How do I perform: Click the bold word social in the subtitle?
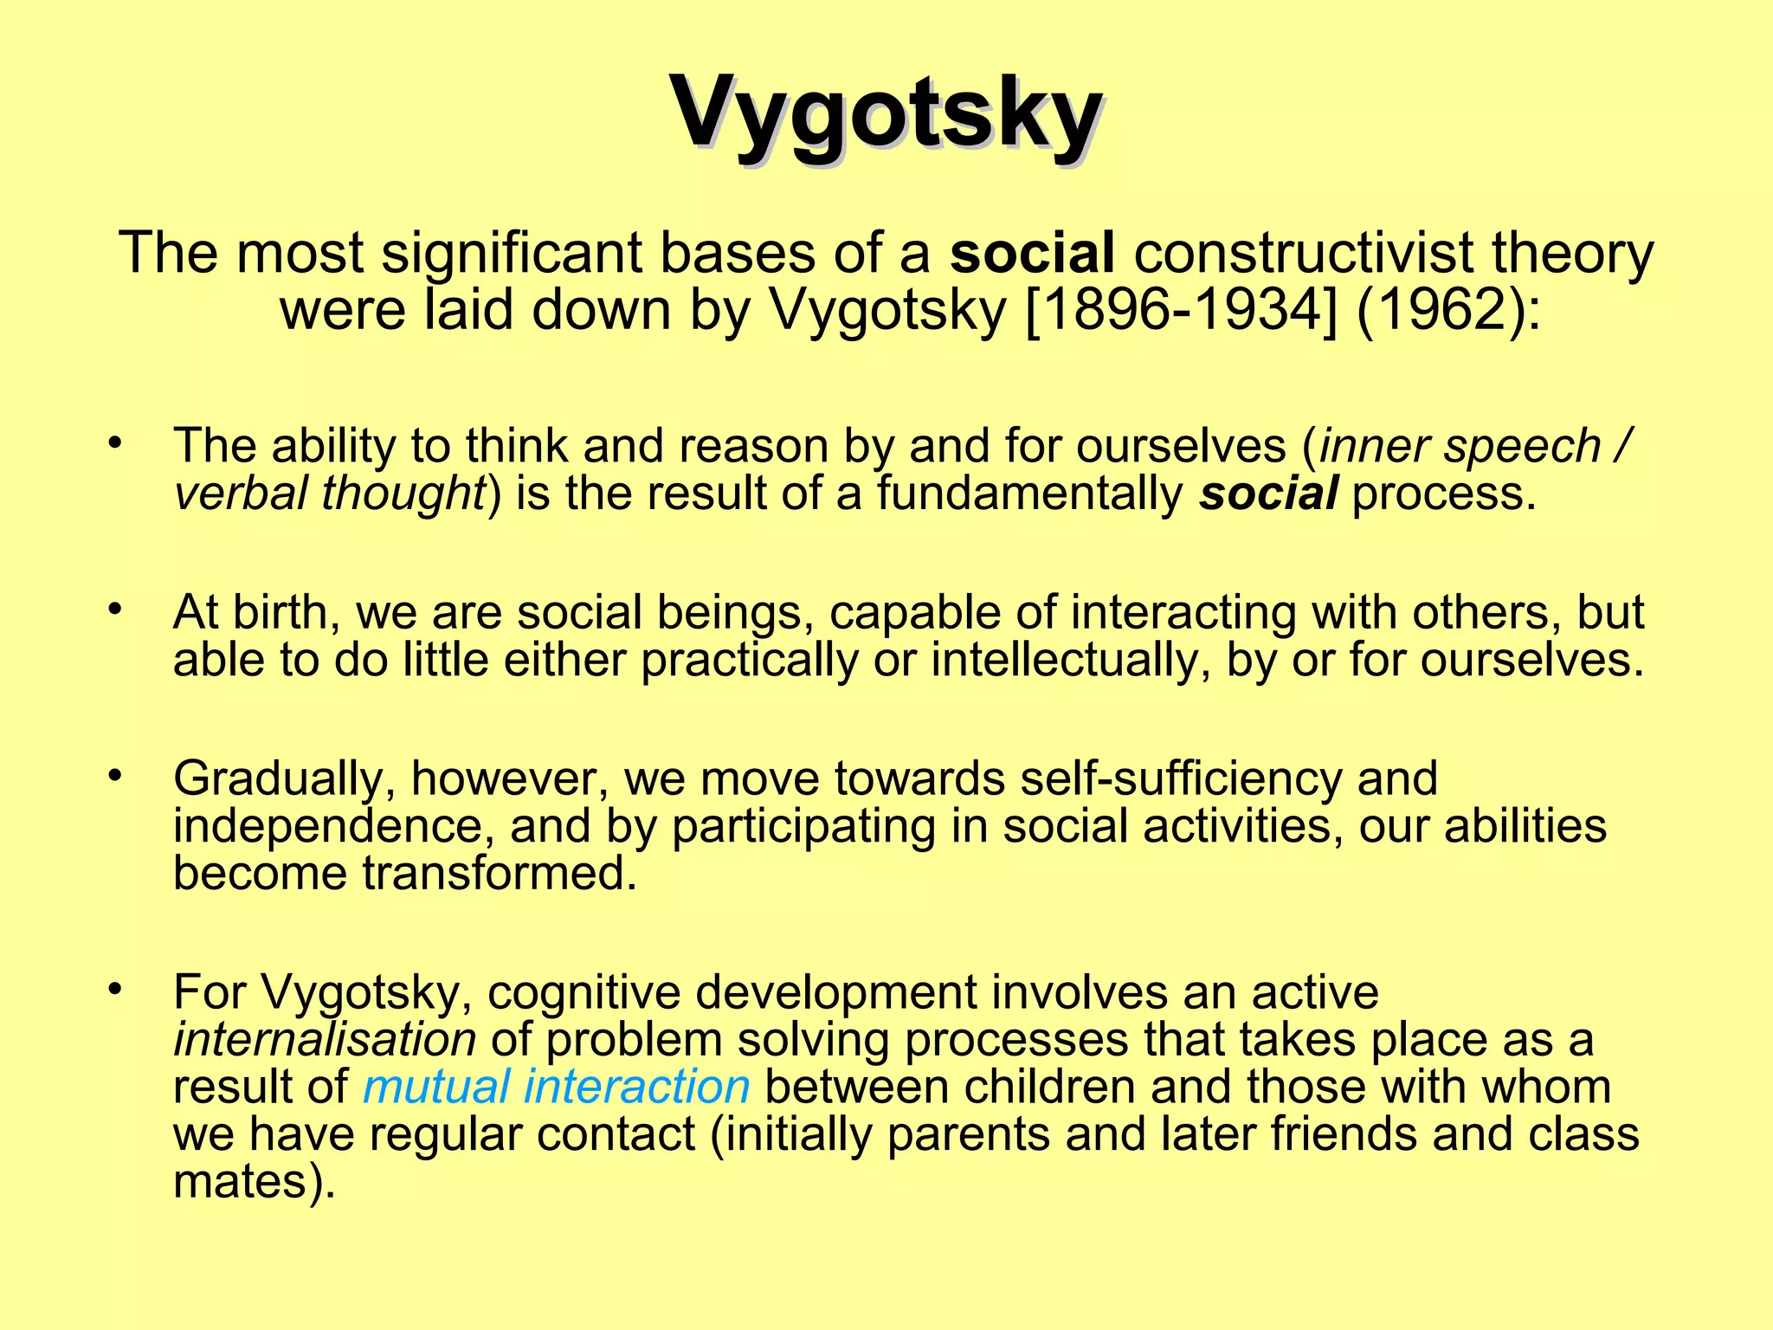pyautogui.click(x=1032, y=253)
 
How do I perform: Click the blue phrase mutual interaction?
pyautogui.click(x=556, y=1086)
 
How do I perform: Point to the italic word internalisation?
pyautogui.click(x=325, y=1039)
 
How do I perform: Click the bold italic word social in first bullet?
pyautogui.click(x=1268, y=494)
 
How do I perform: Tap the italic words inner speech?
pyautogui.click(x=1460, y=446)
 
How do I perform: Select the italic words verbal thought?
pyautogui.click(x=329, y=494)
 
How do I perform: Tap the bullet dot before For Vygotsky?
pyautogui.click(x=115, y=988)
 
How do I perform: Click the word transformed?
pyautogui.click(x=500, y=873)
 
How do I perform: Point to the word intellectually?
pyautogui.click(x=1070, y=660)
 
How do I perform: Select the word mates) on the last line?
pyautogui.click(x=254, y=1181)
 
